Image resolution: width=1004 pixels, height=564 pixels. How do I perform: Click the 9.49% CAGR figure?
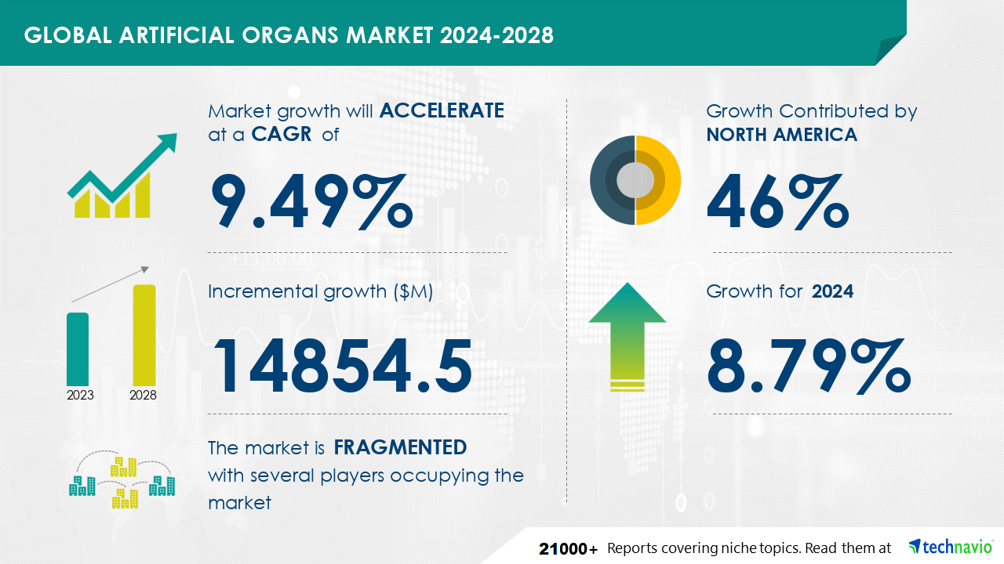pyautogui.click(x=311, y=202)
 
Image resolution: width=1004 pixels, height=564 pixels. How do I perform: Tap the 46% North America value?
pyautogui.click(x=777, y=202)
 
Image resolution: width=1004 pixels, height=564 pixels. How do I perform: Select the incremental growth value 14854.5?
pyautogui.click(x=343, y=366)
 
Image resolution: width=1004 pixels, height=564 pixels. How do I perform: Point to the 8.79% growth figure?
pyautogui.click(x=809, y=366)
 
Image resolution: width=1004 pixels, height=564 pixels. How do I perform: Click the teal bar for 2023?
pyautogui.click(x=78, y=349)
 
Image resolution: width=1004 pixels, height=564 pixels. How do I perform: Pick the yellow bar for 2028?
pyautogui.click(x=144, y=335)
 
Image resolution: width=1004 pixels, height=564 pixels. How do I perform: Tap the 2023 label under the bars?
pyautogui.click(x=80, y=396)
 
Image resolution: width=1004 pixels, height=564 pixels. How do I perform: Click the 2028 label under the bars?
pyautogui.click(x=143, y=396)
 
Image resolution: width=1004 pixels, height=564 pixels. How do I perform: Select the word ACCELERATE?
pyautogui.click(x=442, y=110)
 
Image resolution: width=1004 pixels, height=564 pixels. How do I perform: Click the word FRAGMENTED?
pyautogui.click(x=400, y=447)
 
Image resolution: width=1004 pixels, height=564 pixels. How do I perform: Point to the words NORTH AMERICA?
pyautogui.click(x=782, y=134)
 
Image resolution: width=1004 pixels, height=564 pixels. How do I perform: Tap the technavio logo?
pyautogui.click(x=951, y=547)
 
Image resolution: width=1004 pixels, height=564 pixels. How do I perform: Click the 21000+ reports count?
pyautogui.click(x=569, y=549)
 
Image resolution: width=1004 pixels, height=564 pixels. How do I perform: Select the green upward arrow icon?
pyautogui.click(x=627, y=337)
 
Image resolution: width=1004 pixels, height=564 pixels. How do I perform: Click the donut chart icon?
pyautogui.click(x=635, y=180)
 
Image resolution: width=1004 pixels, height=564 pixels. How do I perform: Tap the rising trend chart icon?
pyautogui.click(x=122, y=175)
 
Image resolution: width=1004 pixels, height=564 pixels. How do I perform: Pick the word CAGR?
pyautogui.click(x=282, y=134)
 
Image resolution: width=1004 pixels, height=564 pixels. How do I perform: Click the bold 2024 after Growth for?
pyautogui.click(x=832, y=291)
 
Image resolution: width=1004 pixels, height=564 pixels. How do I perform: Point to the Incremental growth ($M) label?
pyautogui.click(x=321, y=291)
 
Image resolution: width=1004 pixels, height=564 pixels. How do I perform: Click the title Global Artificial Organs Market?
pyautogui.click(x=228, y=35)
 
